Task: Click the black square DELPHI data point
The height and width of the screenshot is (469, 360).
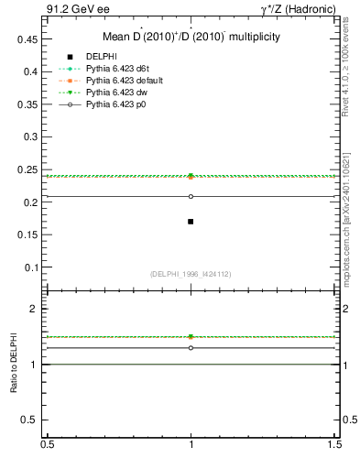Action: coord(191,222)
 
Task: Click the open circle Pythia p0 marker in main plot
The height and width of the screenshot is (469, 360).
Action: coord(191,196)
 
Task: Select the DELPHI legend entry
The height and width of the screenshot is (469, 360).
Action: coord(100,57)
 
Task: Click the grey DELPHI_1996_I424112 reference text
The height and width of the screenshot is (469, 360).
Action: coord(191,274)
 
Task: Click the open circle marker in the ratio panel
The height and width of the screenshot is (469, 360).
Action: coord(191,348)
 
